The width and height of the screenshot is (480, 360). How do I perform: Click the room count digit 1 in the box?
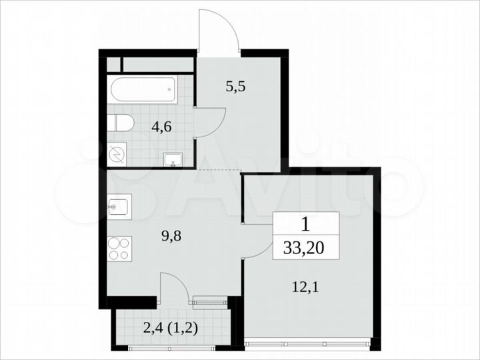pos(305,223)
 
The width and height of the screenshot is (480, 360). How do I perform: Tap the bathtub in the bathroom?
pos(142,89)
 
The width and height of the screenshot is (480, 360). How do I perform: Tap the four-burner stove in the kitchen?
pos(119,248)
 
